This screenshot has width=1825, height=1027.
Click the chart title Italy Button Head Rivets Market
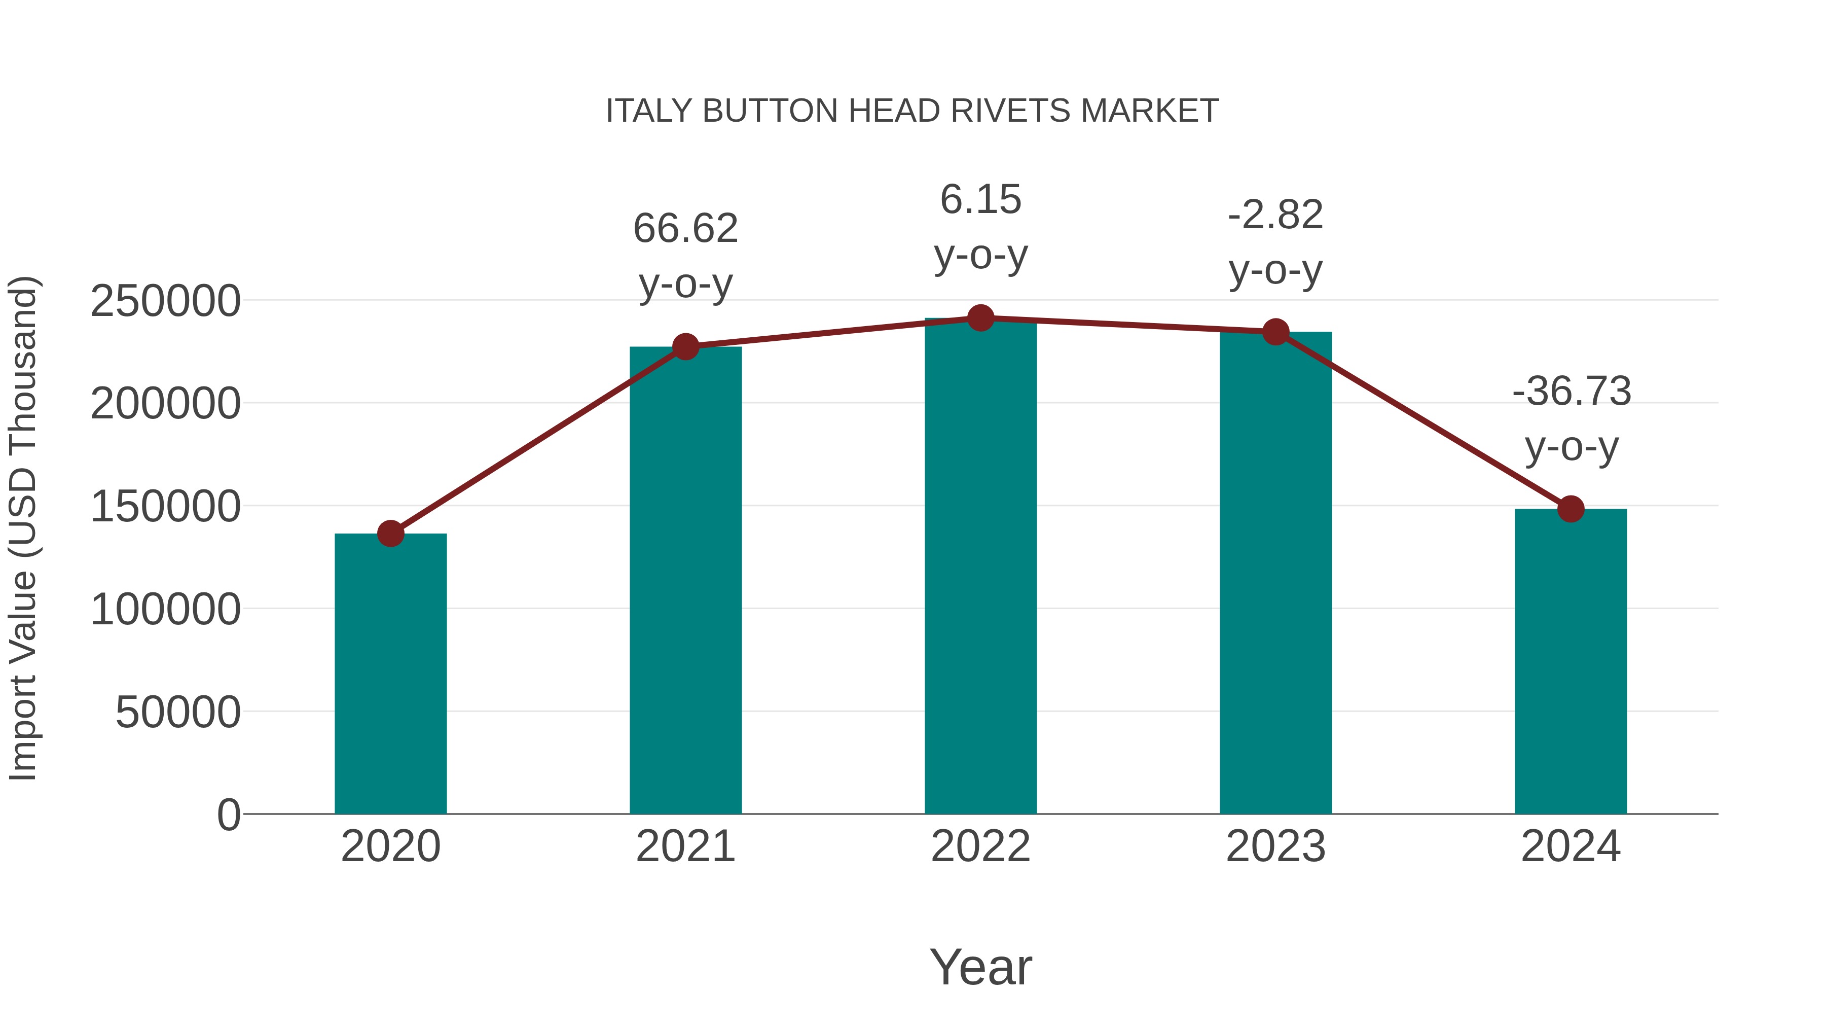(912, 111)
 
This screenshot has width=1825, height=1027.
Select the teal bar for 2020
(390, 674)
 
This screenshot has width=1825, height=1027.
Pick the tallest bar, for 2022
(980, 567)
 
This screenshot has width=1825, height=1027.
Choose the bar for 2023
(1275, 574)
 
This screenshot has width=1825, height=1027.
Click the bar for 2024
(1571, 663)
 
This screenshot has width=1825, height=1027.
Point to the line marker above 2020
(390, 534)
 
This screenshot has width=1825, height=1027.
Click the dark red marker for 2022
(980, 318)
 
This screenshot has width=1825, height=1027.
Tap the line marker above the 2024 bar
(1571, 509)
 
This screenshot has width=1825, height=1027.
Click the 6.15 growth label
(980, 227)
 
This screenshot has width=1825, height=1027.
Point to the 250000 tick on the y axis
(165, 301)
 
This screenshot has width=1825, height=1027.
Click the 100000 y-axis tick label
(165, 610)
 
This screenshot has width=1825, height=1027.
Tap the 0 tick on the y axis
(228, 815)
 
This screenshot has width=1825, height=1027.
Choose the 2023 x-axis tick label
(1275, 847)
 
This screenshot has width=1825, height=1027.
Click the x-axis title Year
(980, 968)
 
